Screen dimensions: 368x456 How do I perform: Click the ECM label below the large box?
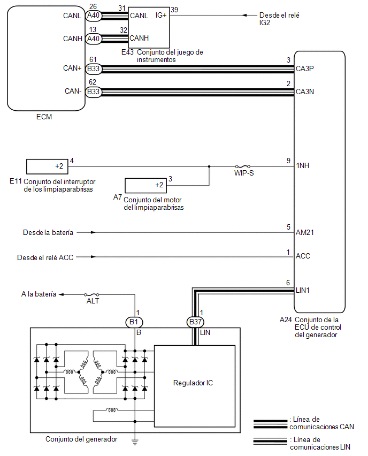click(44, 117)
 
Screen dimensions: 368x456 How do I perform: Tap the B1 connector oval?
click(134, 322)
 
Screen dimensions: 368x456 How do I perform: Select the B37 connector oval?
click(195, 322)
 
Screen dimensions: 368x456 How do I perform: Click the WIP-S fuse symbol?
click(243, 166)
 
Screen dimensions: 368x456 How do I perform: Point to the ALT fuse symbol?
click(91, 294)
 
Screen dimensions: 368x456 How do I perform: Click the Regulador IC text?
click(193, 383)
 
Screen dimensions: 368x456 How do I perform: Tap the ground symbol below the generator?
click(135, 442)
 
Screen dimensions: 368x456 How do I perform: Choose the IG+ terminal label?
click(161, 15)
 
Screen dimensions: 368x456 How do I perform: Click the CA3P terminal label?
click(305, 69)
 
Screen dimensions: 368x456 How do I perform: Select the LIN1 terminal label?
click(303, 290)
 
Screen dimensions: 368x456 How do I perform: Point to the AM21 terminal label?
click(305, 232)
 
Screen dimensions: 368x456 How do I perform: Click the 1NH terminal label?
click(303, 165)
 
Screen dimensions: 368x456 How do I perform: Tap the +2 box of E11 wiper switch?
click(47, 166)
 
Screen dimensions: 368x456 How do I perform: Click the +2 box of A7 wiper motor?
click(145, 186)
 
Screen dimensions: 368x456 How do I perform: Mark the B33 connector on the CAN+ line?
click(93, 69)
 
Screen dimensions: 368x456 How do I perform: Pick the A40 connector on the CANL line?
click(93, 15)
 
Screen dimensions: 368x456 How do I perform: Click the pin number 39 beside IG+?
click(174, 10)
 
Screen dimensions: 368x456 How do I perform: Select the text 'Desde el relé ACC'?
click(45, 257)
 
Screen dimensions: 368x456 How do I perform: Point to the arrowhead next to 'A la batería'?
click(62, 294)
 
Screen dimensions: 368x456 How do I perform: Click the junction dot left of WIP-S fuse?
click(209, 166)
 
